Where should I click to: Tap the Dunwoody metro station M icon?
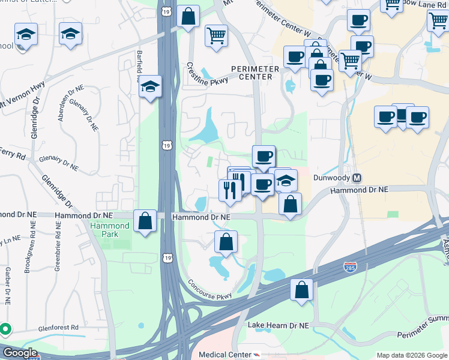[x=357, y=178]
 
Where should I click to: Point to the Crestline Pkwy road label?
[x=207, y=77]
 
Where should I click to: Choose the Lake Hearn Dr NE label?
[x=278, y=325]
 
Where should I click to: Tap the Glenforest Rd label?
[x=57, y=328]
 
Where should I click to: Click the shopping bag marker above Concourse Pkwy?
[x=226, y=242]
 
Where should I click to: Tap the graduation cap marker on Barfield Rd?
[x=151, y=88]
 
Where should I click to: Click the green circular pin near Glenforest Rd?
[x=5, y=329]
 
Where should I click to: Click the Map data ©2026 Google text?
[x=411, y=355]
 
